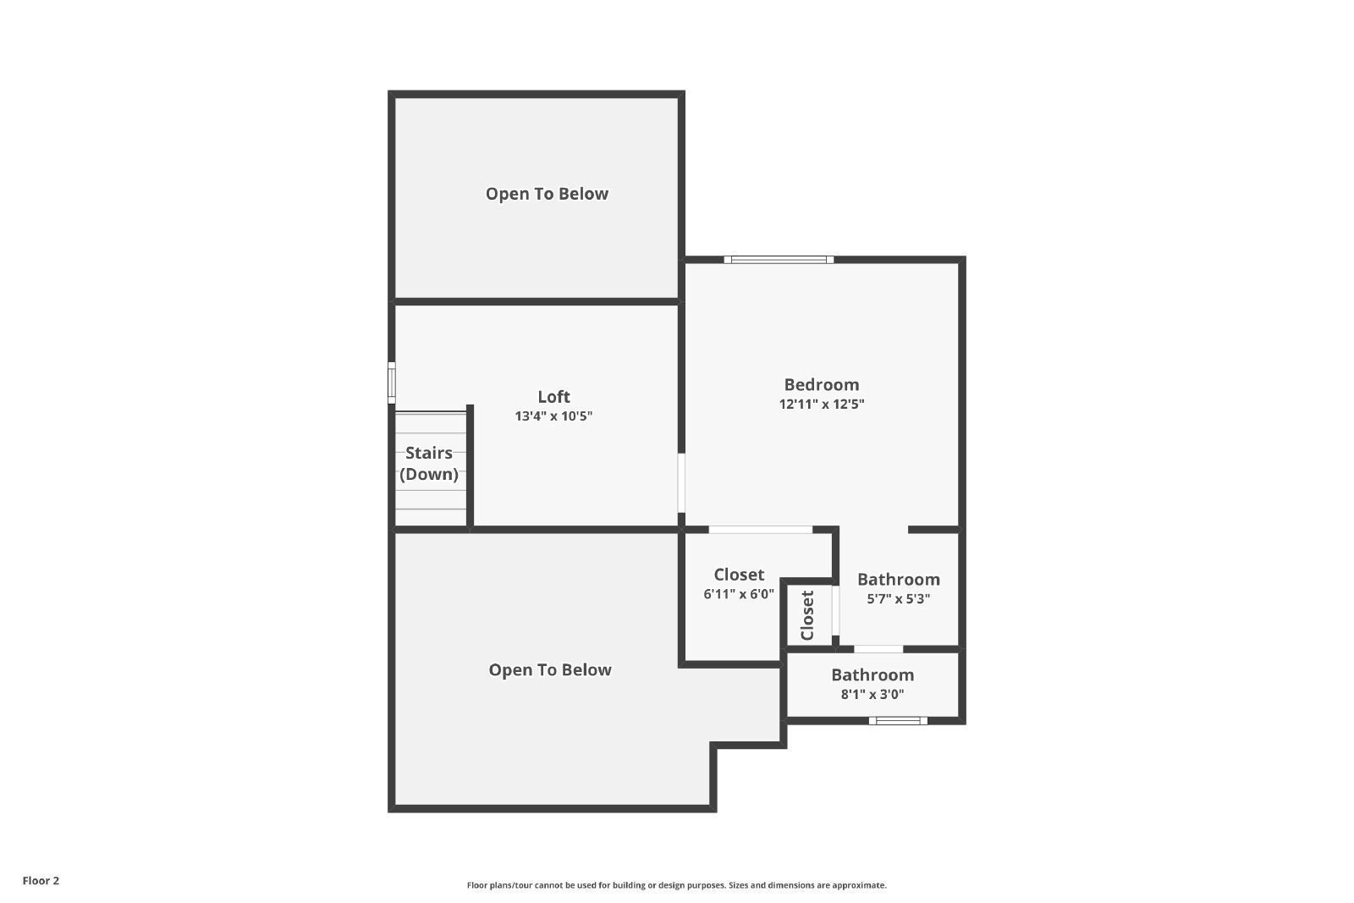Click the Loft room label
click(x=553, y=397)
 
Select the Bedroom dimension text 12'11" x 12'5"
click(x=822, y=404)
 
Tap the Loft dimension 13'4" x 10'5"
click(x=553, y=416)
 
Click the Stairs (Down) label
click(x=428, y=463)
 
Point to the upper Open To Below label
click(x=547, y=194)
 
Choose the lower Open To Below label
click(x=550, y=669)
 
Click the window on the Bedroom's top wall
click(x=779, y=260)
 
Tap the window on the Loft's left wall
click(x=392, y=383)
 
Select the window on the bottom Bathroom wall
click(x=898, y=720)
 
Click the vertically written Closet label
click(x=807, y=615)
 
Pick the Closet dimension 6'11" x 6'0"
click(x=739, y=594)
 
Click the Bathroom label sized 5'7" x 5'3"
click(x=898, y=579)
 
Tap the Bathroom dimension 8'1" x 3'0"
click(x=872, y=694)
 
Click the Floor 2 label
click(x=41, y=881)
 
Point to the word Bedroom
click(x=822, y=384)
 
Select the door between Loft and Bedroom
click(x=681, y=483)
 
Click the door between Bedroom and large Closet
click(x=761, y=530)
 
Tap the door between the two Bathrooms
click(x=878, y=649)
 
